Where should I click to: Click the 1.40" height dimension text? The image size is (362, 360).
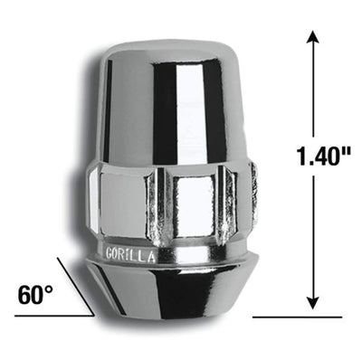(x=323, y=156)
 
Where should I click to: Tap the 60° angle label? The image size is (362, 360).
(x=35, y=294)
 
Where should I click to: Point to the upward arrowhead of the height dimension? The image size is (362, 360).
(x=313, y=37)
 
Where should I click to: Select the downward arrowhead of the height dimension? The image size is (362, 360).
(x=313, y=302)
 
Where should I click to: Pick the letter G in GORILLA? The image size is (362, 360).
(x=110, y=252)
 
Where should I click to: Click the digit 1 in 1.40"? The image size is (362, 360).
(x=301, y=156)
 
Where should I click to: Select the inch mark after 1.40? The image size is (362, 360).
(x=348, y=151)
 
